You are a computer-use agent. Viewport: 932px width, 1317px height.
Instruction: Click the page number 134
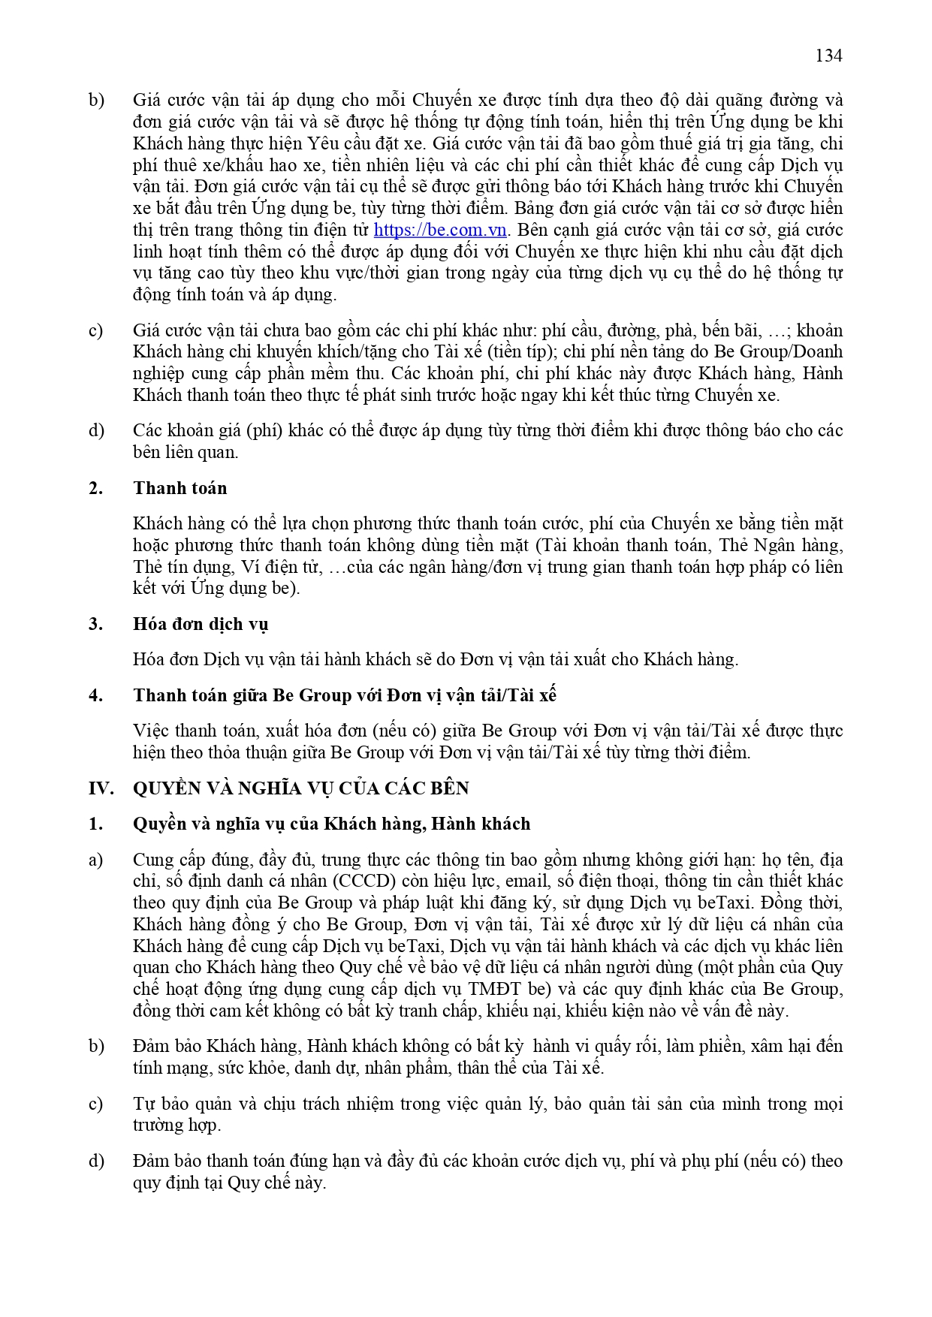(828, 56)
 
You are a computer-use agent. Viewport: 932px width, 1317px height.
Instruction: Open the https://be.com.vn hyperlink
(440, 230)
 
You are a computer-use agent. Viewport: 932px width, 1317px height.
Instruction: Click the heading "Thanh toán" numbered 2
(179, 488)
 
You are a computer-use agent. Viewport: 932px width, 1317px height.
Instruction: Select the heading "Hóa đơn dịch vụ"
(201, 624)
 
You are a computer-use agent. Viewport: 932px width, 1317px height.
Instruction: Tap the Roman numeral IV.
(101, 788)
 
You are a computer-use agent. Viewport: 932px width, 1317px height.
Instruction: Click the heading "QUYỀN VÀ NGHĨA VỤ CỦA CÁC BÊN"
(300, 788)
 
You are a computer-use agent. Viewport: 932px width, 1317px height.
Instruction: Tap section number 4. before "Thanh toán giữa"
(95, 695)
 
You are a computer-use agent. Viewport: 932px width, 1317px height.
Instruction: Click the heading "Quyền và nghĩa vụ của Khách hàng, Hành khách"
(331, 824)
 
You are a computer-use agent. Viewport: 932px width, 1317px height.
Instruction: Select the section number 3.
(95, 624)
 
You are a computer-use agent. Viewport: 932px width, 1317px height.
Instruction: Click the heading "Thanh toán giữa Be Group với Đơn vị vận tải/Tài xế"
(344, 695)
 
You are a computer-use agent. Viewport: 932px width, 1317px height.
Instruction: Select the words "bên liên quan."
(185, 452)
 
